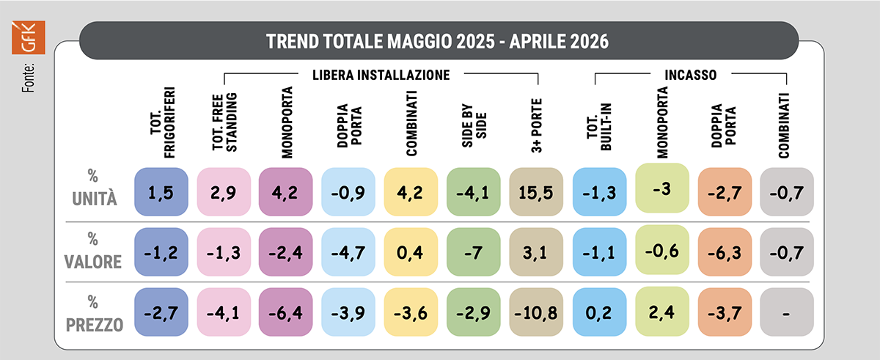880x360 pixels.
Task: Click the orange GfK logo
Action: pyautogui.click(x=29, y=37)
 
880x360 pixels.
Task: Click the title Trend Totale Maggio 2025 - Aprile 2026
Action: pyautogui.click(x=437, y=41)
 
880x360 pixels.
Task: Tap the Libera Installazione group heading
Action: pyautogui.click(x=381, y=75)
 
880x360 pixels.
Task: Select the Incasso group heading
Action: pyautogui.click(x=691, y=75)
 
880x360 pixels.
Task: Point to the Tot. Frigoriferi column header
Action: pyautogui.click(x=162, y=122)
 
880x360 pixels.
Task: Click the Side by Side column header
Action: pyautogui.click(x=474, y=125)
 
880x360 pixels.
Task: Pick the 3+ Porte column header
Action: pyautogui.click(x=536, y=125)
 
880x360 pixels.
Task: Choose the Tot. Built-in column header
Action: pyautogui.click(x=599, y=127)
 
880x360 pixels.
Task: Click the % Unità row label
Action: pyautogui.click(x=95, y=188)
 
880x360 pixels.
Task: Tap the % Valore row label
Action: pyautogui.click(x=93, y=251)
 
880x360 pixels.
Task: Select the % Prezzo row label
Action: pyautogui.click(x=95, y=314)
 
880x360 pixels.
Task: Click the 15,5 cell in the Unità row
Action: pyautogui.click(x=536, y=192)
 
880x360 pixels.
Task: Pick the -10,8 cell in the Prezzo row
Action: pyautogui.click(x=536, y=312)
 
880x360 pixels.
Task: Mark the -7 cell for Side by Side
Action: pyautogui.click(x=474, y=252)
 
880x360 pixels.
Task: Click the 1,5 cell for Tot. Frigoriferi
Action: pyautogui.click(x=161, y=192)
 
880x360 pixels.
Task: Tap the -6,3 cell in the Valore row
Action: pyautogui.click(x=725, y=252)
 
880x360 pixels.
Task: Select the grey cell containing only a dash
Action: pyautogui.click(x=787, y=312)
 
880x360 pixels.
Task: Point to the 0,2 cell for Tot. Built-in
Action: pyautogui.click(x=600, y=312)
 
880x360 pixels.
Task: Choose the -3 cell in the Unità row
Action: pyautogui.click(x=662, y=188)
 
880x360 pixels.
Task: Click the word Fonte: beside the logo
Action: pyautogui.click(x=29, y=78)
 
